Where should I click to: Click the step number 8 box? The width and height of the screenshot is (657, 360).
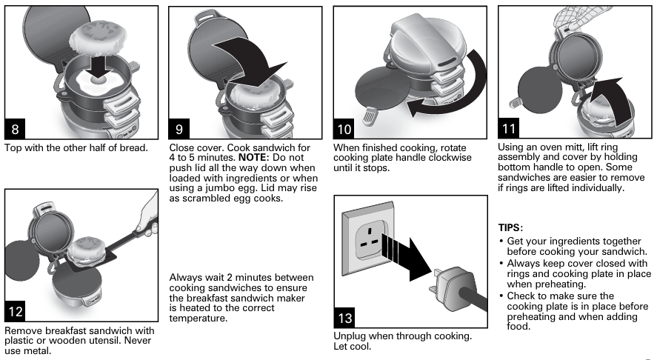(15, 129)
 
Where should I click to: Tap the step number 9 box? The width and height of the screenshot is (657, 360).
(179, 129)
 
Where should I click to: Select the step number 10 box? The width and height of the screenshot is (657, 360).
(344, 129)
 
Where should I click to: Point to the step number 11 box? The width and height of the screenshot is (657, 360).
(509, 128)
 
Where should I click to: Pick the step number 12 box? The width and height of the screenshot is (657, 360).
(15, 311)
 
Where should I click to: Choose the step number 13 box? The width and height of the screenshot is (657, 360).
(345, 318)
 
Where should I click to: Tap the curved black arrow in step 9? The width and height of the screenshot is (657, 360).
(256, 59)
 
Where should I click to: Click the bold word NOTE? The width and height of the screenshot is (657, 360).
(253, 158)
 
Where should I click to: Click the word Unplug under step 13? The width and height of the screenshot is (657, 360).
(349, 336)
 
